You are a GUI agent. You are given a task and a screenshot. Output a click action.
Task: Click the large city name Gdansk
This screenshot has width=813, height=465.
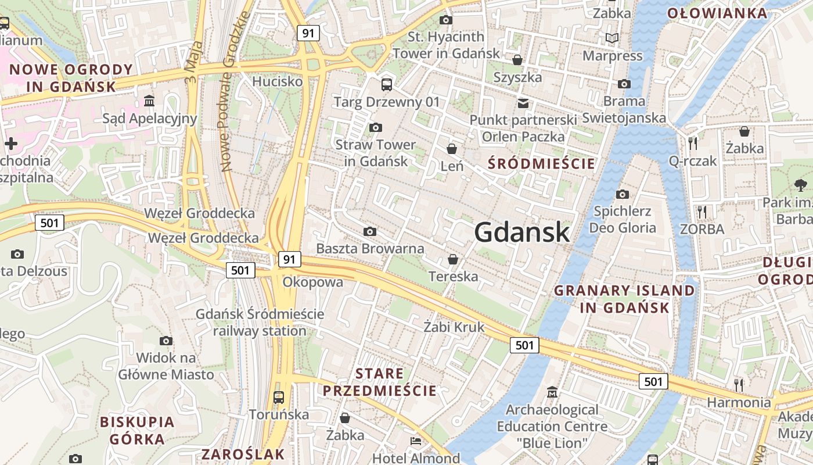521,232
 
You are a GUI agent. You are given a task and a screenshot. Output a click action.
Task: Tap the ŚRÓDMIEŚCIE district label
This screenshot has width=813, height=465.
541,163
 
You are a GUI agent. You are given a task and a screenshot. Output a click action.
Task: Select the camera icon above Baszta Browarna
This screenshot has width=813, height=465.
370,232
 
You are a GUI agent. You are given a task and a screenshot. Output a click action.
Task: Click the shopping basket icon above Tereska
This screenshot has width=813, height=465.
453,259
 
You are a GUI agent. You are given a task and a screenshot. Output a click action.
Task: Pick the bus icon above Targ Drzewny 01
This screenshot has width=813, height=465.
387,85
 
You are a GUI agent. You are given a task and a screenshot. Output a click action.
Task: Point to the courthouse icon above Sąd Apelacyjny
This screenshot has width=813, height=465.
149,101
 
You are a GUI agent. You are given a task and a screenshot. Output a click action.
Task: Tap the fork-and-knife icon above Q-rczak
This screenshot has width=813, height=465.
692,143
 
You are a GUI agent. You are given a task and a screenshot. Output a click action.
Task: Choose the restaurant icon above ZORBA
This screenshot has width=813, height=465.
702,212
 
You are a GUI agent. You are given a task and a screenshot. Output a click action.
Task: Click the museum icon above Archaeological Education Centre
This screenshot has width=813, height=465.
552,392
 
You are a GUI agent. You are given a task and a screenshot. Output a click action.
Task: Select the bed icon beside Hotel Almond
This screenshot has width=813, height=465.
416,441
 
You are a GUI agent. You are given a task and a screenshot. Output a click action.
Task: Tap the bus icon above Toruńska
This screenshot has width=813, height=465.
279,398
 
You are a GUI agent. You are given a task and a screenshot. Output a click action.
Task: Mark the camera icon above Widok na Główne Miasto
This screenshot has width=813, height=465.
166,341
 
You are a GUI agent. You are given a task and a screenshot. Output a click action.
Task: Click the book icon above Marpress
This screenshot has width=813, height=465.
612,38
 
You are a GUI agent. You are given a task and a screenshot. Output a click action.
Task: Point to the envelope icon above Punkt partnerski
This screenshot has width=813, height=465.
523,103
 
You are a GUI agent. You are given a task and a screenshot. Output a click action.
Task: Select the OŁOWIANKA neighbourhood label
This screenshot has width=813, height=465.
717,13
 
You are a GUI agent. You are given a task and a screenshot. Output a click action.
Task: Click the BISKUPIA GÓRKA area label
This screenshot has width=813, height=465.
137,430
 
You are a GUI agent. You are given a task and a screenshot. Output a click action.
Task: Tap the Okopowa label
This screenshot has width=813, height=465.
312,282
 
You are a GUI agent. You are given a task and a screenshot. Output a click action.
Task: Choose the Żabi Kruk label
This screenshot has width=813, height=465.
454,327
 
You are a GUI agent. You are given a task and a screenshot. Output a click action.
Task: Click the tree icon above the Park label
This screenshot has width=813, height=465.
800,185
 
